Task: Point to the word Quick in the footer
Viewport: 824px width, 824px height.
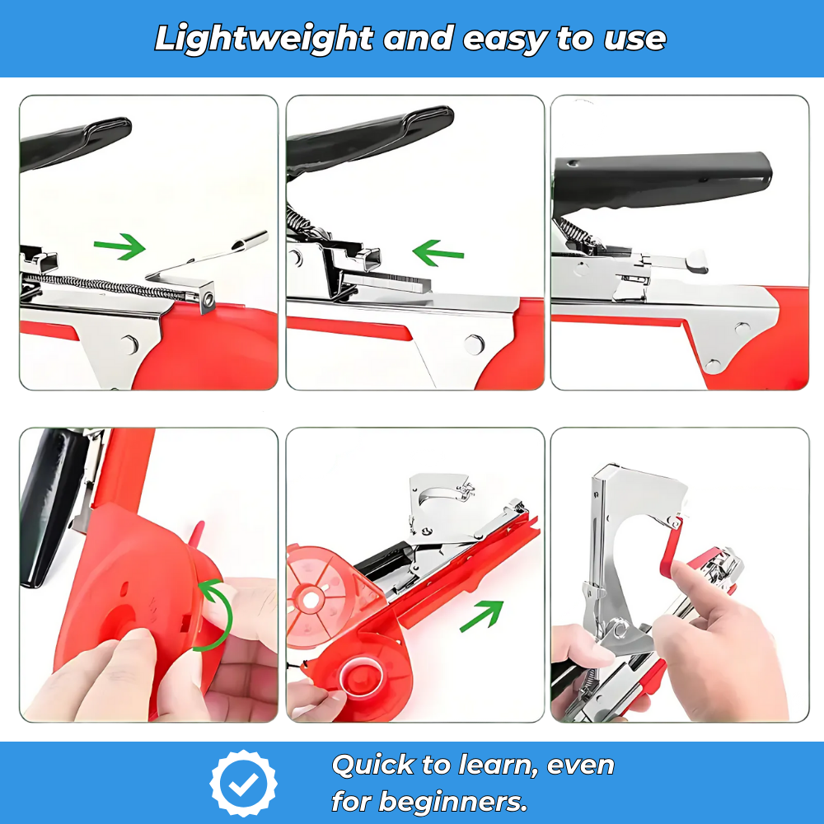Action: coord(372,765)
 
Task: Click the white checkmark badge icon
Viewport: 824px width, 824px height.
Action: coord(244,784)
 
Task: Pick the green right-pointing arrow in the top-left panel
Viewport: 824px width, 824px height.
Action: coord(119,246)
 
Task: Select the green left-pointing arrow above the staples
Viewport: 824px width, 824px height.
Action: coord(438,252)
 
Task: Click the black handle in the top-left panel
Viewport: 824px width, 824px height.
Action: coord(74,142)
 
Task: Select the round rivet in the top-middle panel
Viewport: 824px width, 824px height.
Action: coord(474,344)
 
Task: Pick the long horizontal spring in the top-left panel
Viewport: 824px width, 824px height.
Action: coord(91,285)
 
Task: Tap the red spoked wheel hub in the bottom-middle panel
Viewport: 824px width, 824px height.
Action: coord(311,599)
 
